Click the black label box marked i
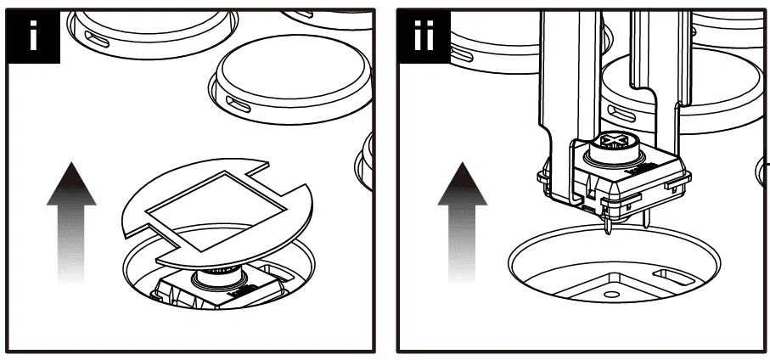pos(33,37)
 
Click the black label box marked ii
pos(424,37)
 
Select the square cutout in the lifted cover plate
pos(216,211)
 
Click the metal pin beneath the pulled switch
pos(609,224)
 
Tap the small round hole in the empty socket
pos(611,294)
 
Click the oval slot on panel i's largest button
pos(239,104)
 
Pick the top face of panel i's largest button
pos(293,66)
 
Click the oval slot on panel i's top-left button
pos(97,39)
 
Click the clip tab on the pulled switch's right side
pos(677,183)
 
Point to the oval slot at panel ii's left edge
pos(461,53)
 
